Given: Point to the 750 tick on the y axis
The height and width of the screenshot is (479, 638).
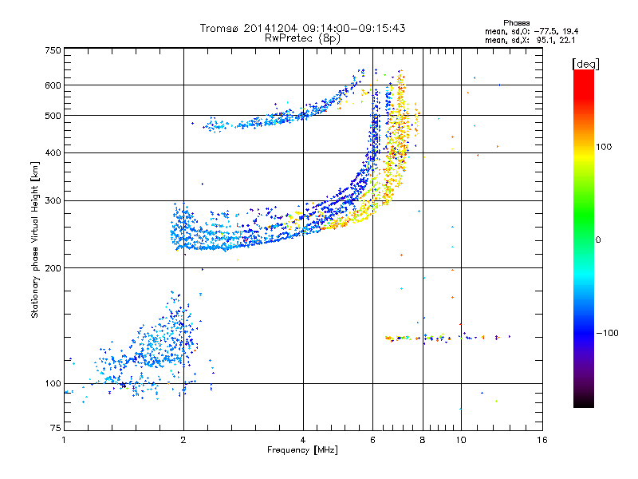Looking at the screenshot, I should [53, 50].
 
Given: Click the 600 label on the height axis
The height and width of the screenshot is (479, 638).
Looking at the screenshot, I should [53, 85].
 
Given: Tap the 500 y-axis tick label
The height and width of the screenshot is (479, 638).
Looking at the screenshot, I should [53, 116].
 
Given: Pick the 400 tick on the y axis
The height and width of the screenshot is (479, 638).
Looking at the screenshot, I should [53, 152].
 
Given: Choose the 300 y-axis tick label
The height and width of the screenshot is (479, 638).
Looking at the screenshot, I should [53, 200].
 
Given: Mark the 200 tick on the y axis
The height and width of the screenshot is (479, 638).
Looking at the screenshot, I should [53, 268].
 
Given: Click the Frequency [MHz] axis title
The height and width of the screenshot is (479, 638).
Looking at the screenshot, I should [302, 450].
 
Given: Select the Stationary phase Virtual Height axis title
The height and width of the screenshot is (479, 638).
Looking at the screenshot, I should [35, 239].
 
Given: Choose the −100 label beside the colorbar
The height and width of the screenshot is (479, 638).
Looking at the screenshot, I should [606, 332].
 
